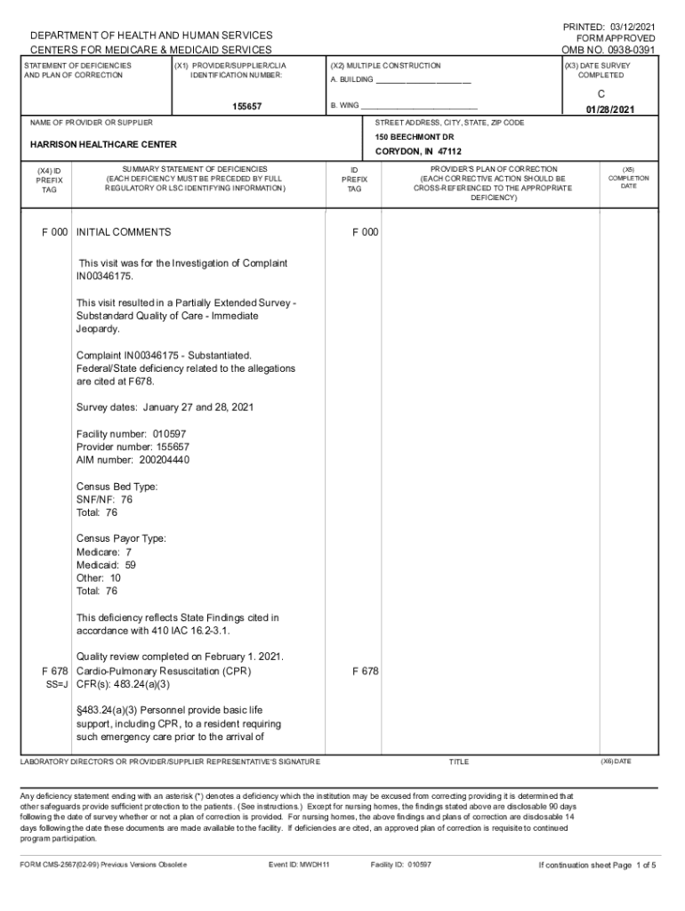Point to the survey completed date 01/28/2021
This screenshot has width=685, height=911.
click(x=609, y=109)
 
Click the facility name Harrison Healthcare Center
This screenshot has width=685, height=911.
click(x=103, y=144)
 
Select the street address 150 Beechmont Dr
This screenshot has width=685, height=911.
click(x=415, y=137)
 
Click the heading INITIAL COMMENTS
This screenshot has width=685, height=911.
click(x=124, y=232)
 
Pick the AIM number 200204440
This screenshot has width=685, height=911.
click(x=164, y=460)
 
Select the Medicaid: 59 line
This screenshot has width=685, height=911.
click(x=106, y=564)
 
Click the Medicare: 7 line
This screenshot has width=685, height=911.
click(x=104, y=552)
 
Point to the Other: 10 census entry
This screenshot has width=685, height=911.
click(x=99, y=577)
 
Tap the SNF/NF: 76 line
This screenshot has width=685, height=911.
click(x=104, y=499)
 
